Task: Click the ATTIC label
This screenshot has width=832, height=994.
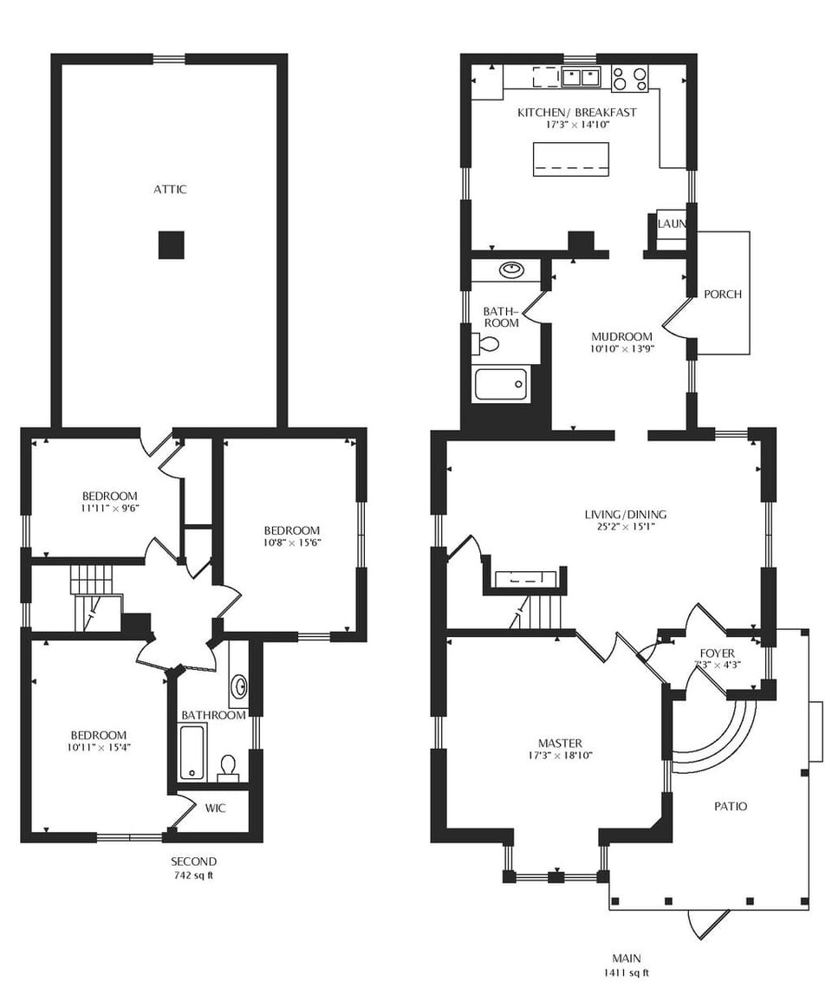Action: pos(170,189)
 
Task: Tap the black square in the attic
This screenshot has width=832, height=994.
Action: pos(172,245)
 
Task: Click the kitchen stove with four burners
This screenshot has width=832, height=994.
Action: pos(630,79)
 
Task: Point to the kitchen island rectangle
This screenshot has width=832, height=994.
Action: pos(570,159)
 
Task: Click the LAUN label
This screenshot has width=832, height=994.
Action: pos(672,224)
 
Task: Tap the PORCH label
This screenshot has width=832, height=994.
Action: pos(722,294)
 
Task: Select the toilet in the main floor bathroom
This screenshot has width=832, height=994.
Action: pos(487,344)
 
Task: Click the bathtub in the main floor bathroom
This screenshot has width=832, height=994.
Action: pos(501,384)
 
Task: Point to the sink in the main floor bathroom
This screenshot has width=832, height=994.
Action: pos(511,270)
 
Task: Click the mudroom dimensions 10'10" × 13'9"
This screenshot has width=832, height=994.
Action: pos(621,349)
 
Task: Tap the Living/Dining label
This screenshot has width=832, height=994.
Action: pos(625,514)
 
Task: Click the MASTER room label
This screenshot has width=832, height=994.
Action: pos(560,743)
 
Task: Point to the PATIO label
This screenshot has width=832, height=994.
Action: pos(730,806)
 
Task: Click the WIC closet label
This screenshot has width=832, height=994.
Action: pos(216,808)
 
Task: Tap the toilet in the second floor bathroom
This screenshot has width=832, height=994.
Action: pos(228,766)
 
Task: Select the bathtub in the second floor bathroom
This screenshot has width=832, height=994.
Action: pos(192,752)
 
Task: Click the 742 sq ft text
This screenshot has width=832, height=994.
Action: pos(192,875)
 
